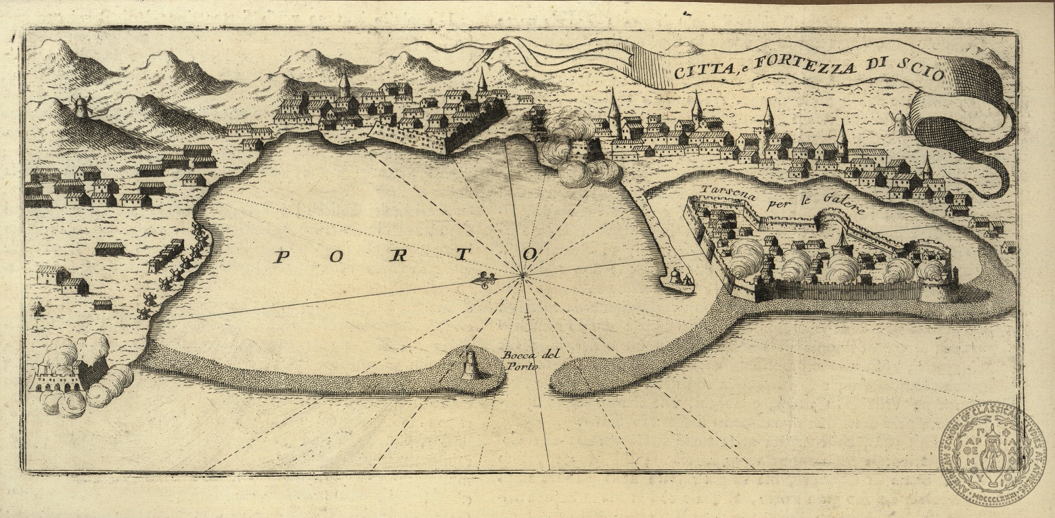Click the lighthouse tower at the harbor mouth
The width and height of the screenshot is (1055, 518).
pos(470,365)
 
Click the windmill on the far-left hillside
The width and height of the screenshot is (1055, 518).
pos(81,106)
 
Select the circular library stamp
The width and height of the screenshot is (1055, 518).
pos(992,455)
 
